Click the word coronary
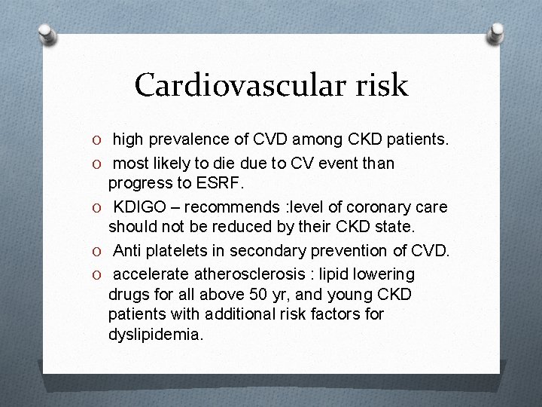369,207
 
